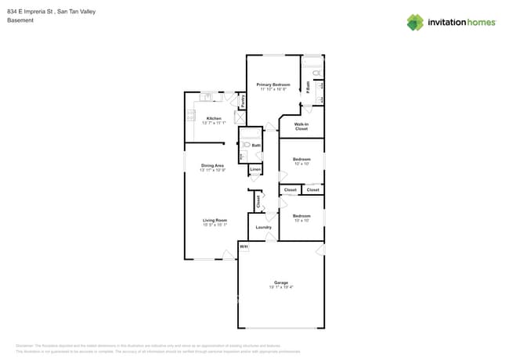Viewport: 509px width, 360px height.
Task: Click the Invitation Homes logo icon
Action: point(415,22)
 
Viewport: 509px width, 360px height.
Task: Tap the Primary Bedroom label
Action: point(273,85)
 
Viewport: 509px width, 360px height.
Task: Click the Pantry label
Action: point(243,100)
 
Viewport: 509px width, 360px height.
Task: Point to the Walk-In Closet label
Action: point(301,126)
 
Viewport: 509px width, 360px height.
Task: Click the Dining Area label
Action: point(212,165)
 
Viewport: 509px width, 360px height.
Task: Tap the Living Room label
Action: point(215,220)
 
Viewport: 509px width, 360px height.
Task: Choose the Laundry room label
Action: point(263,228)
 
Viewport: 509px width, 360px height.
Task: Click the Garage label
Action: point(280,283)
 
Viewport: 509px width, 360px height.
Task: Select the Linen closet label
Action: point(255,169)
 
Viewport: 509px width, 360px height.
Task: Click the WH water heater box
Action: point(244,247)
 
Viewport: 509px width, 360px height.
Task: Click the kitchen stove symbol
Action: point(190,115)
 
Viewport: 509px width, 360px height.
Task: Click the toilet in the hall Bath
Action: point(246,145)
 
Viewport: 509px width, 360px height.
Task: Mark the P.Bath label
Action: point(308,88)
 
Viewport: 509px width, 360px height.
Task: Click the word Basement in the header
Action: point(20,20)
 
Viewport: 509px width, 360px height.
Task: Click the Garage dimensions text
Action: point(280,287)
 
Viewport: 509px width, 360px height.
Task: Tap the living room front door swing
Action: point(228,254)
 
